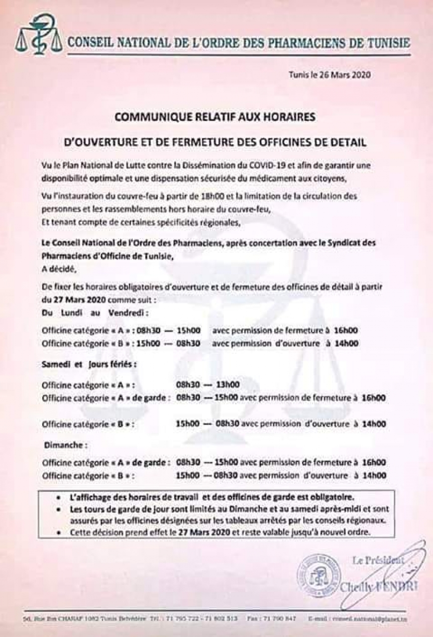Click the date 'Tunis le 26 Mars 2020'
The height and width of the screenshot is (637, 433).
point(330,75)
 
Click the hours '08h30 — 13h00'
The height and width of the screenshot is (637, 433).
point(208,384)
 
